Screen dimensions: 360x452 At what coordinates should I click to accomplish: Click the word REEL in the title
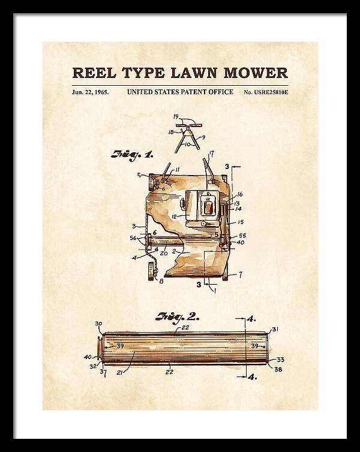[x=94, y=73]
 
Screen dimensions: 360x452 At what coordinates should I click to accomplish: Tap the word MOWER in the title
[x=256, y=73]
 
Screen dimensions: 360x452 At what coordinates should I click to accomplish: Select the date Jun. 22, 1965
[x=90, y=92]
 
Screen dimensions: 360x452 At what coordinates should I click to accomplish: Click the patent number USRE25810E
[x=270, y=92]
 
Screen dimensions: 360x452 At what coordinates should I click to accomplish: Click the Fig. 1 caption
[x=132, y=155]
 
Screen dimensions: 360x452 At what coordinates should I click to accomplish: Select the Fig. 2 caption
[x=177, y=317]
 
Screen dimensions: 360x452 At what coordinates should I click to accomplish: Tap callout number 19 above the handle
[x=176, y=117]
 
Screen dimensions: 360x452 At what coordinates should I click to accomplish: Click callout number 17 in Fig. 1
[x=212, y=155]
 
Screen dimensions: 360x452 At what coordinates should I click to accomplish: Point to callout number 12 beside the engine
[x=174, y=216]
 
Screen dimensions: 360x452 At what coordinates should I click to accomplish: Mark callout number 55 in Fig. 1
[x=242, y=236]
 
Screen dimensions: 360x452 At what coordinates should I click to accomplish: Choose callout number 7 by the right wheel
[x=240, y=275]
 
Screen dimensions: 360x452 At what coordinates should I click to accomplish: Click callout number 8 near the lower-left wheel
[x=161, y=281]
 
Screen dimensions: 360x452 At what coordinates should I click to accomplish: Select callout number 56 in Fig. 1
[x=133, y=238]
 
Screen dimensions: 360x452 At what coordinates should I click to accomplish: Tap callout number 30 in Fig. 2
[x=98, y=324]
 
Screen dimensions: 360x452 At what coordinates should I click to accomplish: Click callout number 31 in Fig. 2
[x=275, y=329]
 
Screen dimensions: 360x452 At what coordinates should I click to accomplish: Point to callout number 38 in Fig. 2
[x=278, y=369]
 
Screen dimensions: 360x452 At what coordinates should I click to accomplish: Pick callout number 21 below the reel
[x=120, y=372]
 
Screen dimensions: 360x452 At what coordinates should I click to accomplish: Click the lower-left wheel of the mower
[x=151, y=271]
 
